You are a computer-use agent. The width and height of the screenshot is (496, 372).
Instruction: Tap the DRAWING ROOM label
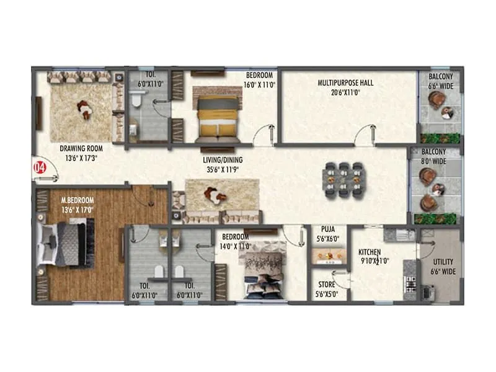click(81, 149)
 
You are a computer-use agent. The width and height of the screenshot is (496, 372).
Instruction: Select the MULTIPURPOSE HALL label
click(345, 82)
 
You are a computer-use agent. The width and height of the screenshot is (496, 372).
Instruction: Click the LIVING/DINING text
click(223, 160)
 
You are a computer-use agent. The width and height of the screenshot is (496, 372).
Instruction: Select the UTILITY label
click(442, 263)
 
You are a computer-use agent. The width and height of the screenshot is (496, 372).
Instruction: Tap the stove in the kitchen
click(410, 285)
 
